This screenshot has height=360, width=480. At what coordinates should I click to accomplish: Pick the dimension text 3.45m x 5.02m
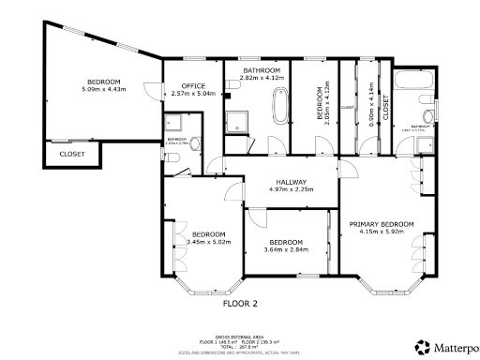208,243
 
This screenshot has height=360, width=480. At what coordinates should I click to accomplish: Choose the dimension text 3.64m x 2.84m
284,249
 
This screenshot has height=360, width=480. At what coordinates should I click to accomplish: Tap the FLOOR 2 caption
239,304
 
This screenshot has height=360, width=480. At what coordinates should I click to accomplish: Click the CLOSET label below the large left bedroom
72,154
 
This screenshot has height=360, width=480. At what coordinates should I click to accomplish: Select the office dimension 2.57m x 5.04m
194,94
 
